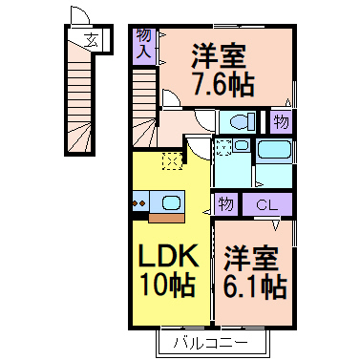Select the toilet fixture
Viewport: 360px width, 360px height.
pos(235,122)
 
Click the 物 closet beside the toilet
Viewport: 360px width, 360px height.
pos(280,121)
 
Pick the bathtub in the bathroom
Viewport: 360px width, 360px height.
pos(274,151)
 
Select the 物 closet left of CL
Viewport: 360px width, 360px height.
pos(225,204)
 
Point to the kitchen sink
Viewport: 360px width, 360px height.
pos(169,202)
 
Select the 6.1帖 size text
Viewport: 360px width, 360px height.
pos(255,285)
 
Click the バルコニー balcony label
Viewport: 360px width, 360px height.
pos(211,341)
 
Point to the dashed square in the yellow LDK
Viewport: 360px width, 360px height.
pos(172,160)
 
